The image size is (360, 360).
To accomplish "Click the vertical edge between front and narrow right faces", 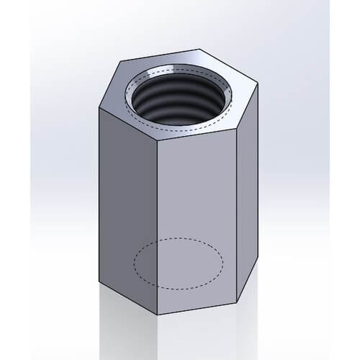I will point(238,216).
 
